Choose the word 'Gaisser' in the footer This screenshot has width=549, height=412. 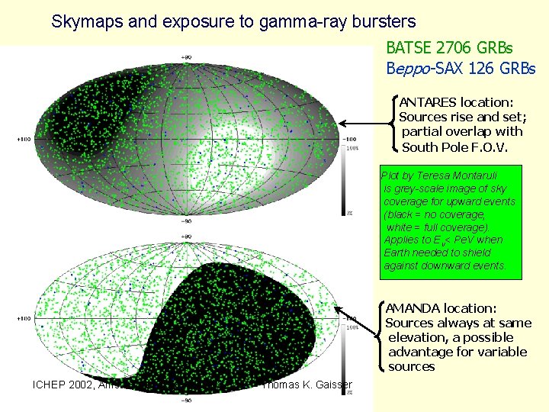point(335,385)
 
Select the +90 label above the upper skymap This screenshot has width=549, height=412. point(186,57)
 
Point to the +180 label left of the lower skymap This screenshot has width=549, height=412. point(25,318)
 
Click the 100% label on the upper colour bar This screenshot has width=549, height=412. point(352,148)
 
